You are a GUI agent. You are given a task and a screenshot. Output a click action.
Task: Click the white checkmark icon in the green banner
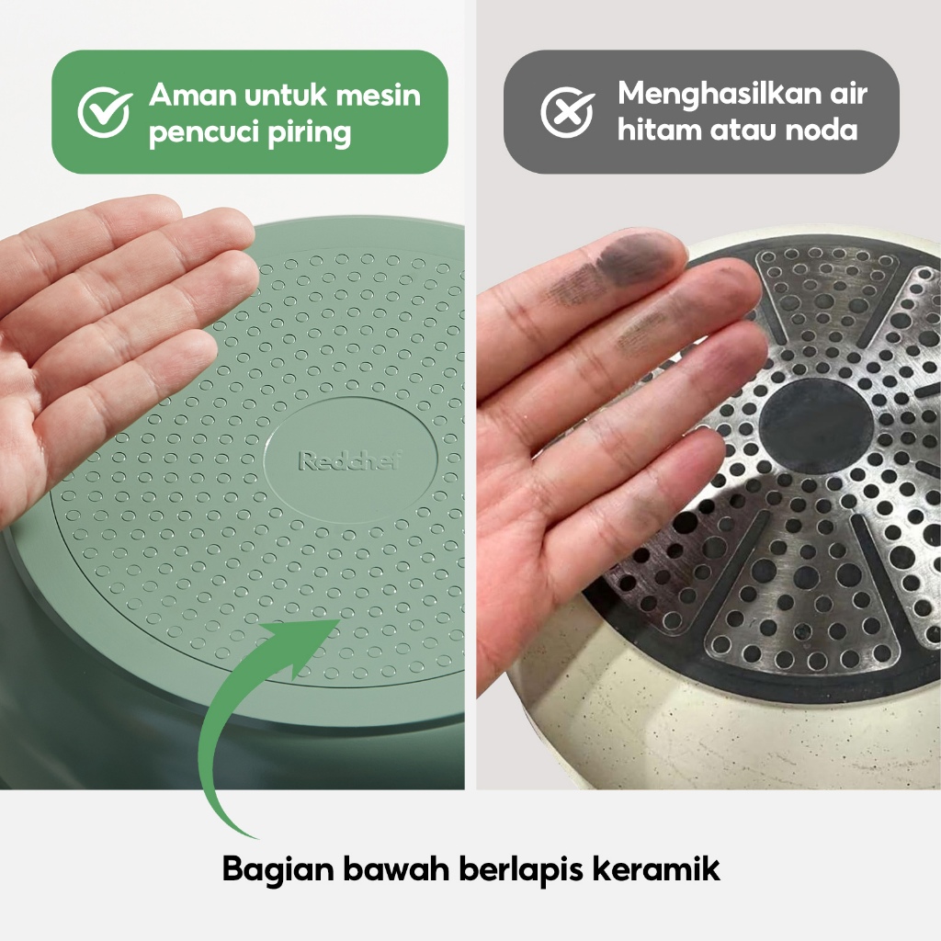(x=105, y=112)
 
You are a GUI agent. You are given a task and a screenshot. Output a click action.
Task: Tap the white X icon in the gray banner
(x=567, y=112)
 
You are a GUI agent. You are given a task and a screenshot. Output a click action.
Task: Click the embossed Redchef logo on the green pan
(x=350, y=460)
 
